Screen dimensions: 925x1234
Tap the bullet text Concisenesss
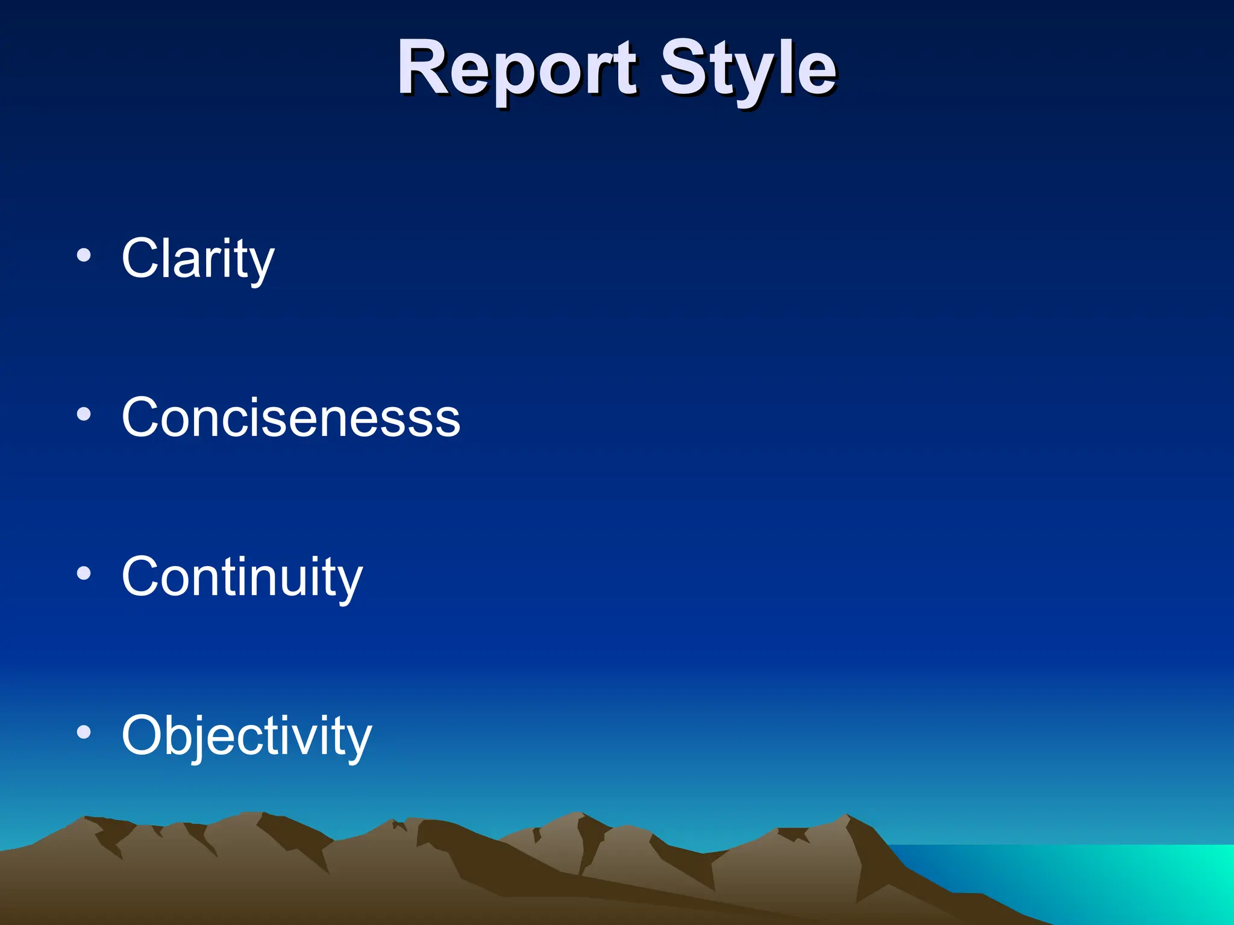point(290,417)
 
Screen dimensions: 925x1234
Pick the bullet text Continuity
point(242,576)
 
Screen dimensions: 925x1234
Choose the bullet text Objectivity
point(246,735)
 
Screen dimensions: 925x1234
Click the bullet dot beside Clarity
point(84,255)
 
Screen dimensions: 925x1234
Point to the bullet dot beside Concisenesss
point(84,414)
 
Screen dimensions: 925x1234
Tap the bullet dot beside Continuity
point(84,573)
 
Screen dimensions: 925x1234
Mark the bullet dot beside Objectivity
point(84,732)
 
